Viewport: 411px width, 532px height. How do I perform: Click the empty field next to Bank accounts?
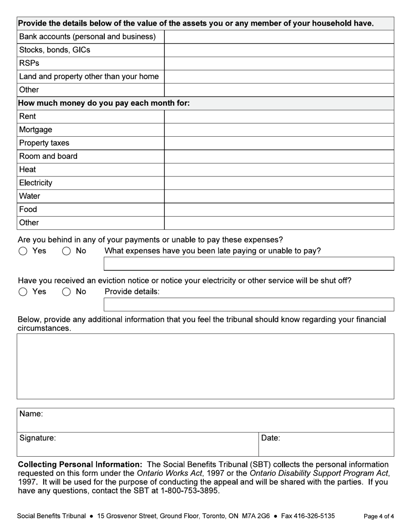279,37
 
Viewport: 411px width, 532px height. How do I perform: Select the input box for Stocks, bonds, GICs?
279,50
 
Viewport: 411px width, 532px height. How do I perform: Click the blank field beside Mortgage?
279,130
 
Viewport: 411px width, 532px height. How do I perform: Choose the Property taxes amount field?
279,143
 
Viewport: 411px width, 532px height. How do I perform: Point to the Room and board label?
48,156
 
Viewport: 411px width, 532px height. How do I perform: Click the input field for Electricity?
279,183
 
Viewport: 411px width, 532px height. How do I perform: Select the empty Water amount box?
279,196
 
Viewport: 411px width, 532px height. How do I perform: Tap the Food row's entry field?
279,210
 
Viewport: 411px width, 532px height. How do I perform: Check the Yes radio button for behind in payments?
23,251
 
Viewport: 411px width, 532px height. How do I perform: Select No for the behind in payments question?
66,251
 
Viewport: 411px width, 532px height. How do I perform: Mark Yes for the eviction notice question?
23,292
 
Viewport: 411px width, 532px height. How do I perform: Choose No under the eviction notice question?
66,292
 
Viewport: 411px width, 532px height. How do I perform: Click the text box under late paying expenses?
249,264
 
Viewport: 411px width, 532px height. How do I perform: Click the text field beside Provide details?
249,304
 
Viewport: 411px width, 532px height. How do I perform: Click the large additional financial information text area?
205,366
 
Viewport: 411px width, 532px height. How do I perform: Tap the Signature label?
38,438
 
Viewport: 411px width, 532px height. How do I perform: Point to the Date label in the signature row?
270,438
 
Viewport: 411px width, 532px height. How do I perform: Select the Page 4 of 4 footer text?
379,516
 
